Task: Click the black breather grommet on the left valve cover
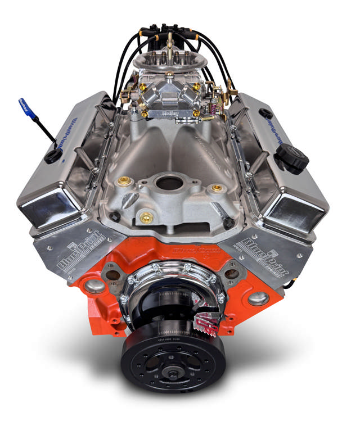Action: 53,156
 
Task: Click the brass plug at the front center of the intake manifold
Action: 146,217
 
